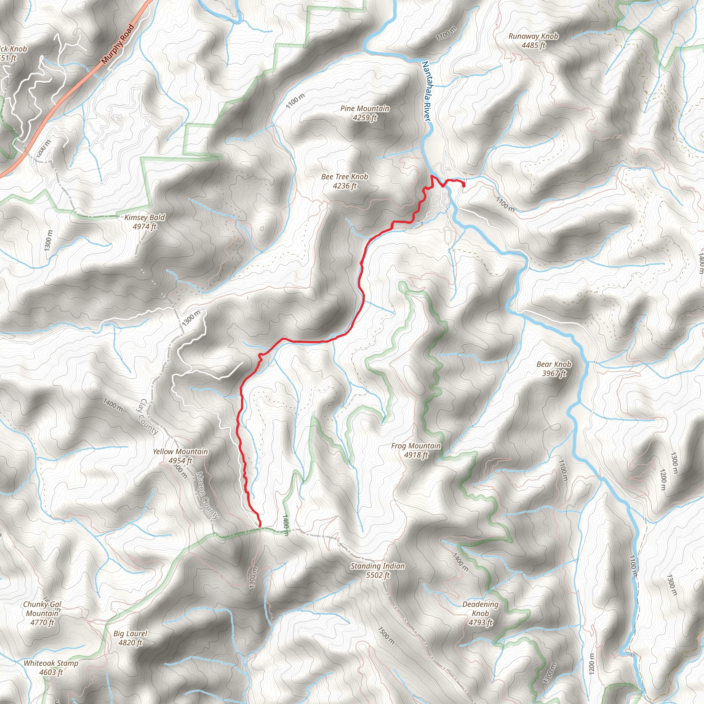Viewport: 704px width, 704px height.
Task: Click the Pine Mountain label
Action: [x=365, y=109]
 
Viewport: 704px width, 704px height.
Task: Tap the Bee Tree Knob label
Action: [x=345, y=177]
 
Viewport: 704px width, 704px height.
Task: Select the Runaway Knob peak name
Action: [x=533, y=36]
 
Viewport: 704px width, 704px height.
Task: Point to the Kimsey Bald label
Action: [x=145, y=218]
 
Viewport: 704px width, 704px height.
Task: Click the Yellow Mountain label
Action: [x=180, y=452]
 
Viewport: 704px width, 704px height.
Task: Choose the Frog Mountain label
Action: [x=416, y=446]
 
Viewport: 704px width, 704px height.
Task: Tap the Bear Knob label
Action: [x=554, y=364]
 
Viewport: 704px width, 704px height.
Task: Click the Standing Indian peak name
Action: [x=377, y=566]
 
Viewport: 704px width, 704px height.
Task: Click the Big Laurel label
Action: [x=130, y=634]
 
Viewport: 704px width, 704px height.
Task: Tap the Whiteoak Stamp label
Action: [x=51, y=663]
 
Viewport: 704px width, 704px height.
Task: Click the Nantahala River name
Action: [x=426, y=91]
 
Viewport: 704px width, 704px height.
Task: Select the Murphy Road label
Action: [x=118, y=44]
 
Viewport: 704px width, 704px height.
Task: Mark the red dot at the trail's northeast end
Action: [x=463, y=186]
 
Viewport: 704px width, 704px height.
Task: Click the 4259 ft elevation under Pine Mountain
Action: [x=365, y=118]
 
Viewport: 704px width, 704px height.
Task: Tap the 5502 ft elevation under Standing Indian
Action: [x=377, y=575]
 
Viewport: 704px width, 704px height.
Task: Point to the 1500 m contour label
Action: [x=386, y=636]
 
